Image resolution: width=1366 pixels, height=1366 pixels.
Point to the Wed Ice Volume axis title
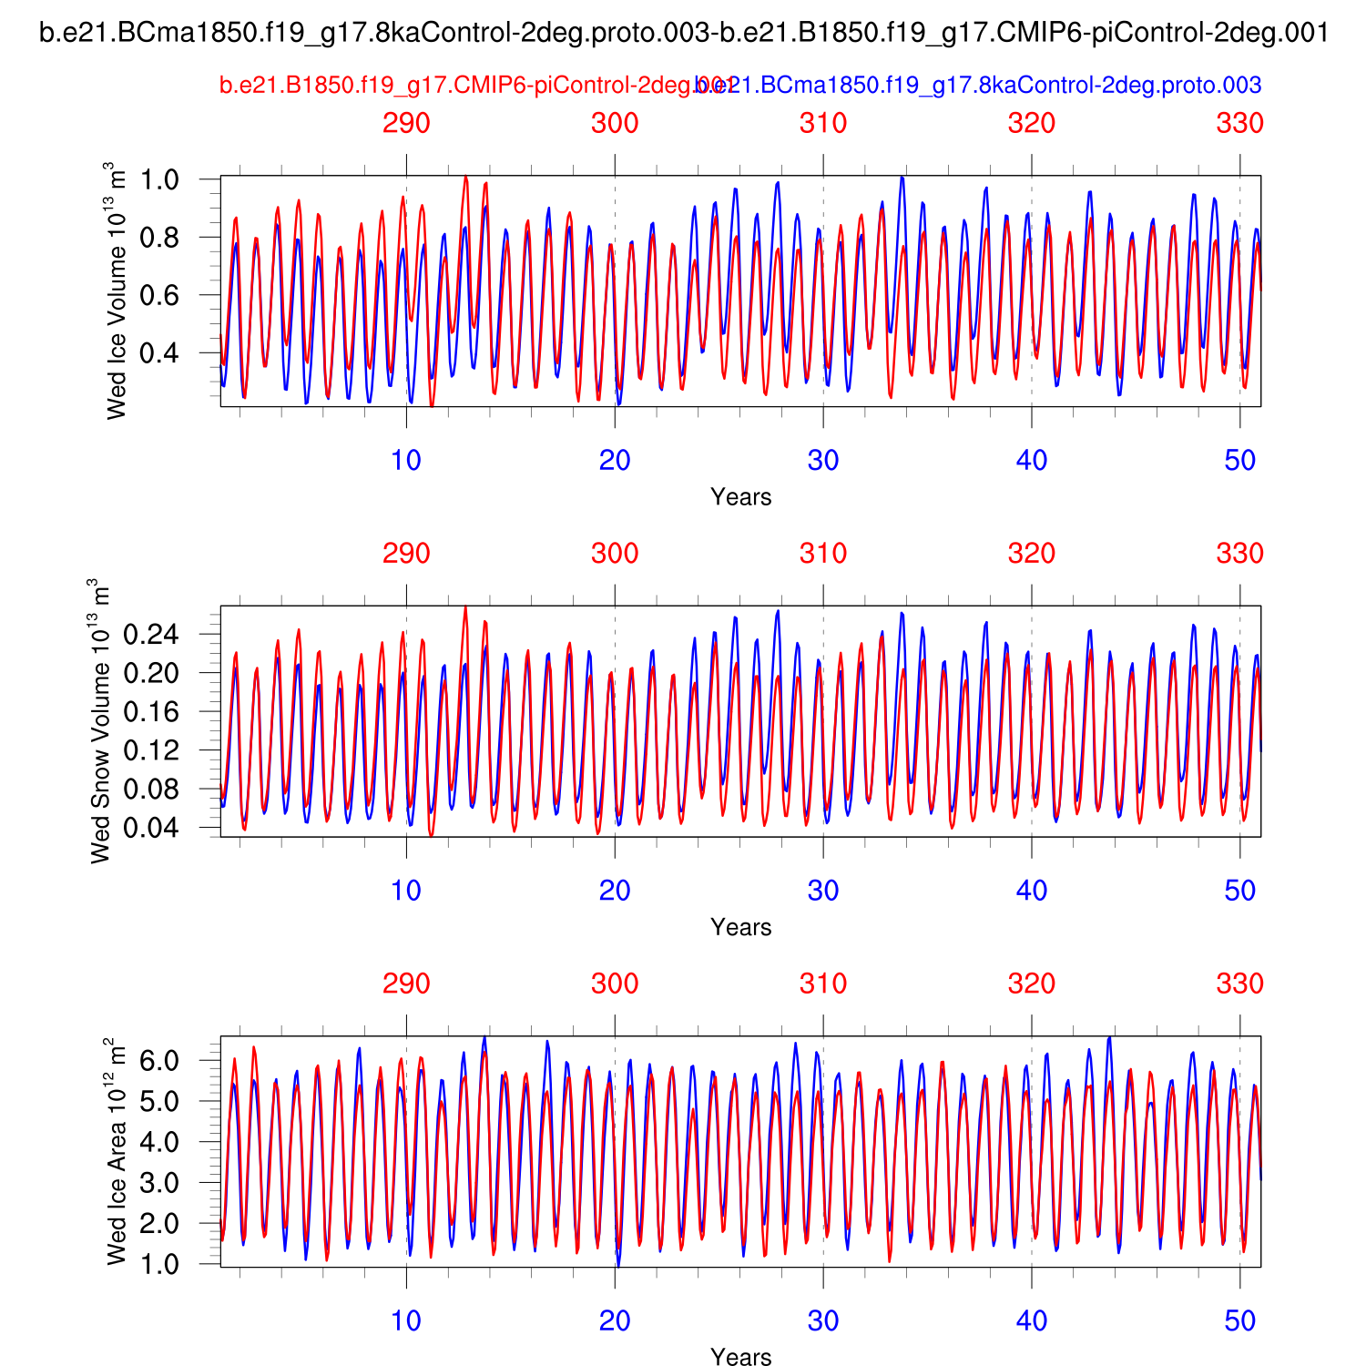click(x=116, y=291)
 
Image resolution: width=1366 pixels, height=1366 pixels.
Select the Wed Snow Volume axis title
click(x=100, y=721)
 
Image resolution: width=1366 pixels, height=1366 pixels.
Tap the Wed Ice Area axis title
click(x=116, y=1151)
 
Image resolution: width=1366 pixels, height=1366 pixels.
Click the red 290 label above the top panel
click(x=406, y=123)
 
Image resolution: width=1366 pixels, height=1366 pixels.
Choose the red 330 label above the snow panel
click(x=1239, y=554)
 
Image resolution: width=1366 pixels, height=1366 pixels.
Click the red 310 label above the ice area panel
click(x=823, y=984)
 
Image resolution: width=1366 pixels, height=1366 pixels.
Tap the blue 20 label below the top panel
click(x=615, y=461)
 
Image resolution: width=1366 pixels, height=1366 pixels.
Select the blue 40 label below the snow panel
click(x=1032, y=891)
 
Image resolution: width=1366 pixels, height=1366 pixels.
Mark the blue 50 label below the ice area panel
click(x=1239, y=1321)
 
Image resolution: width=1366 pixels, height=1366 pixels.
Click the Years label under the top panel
click(x=740, y=497)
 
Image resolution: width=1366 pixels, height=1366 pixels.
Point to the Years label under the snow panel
click(x=740, y=927)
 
